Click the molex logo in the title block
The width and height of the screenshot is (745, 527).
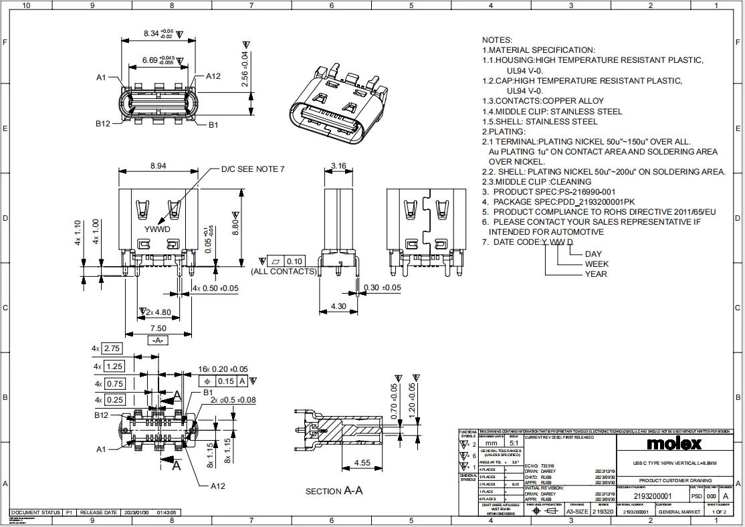pyautogui.click(x=674, y=443)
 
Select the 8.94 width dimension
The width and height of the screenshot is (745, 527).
pyautogui.click(x=158, y=166)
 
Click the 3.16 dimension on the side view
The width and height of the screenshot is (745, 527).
pyautogui.click(x=338, y=166)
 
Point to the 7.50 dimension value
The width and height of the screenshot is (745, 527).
pyautogui.click(x=158, y=328)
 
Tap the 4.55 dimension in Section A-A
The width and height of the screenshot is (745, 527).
pyautogui.click(x=362, y=462)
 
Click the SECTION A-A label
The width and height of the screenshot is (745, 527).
pyautogui.click(x=334, y=491)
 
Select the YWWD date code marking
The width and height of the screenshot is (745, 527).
pyautogui.click(x=158, y=229)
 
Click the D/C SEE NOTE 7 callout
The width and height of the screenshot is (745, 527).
pyautogui.click(x=253, y=169)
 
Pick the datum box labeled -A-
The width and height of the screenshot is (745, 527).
pyautogui.click(x=158, y=340)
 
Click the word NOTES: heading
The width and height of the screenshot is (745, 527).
pyautogui.click(x=497, y=40)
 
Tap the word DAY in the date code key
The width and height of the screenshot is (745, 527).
pyautogui.click(x=593, y=253)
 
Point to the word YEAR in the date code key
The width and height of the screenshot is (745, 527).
pyautogui.click(x=596, y=274)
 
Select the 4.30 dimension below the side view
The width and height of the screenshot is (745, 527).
pyautogui.click(x=338, y=306)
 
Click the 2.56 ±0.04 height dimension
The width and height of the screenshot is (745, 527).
pyautogui.click(x=245, y=69)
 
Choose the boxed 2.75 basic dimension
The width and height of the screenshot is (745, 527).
pyautogui.click(x=112, y=348)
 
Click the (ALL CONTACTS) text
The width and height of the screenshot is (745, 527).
pyautogui.click(x=283, y=271)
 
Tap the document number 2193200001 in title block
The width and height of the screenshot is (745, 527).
pyautogui.click(x=652, y=496)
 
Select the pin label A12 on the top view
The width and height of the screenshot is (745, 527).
pyautogui.click(x=213, y=76)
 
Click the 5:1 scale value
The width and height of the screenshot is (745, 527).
pyautogui.click(x=514, y=443)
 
